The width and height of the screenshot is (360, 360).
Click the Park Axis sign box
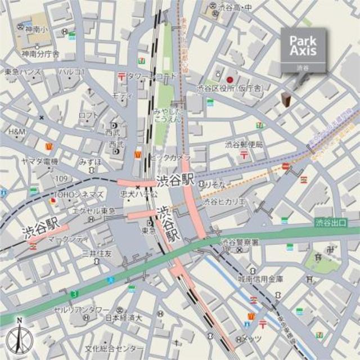coord(303,49)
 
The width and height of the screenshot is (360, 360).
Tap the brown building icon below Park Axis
coord(286,100)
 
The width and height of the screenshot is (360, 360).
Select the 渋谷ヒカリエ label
coord(224,201)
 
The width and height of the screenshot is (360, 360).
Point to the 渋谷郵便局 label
coord(244,145)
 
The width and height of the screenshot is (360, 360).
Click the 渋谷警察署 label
coord(240,242)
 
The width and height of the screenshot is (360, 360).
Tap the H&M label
coord(17,131)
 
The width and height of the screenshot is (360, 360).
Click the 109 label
coord(61,179)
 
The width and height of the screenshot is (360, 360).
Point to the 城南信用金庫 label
coord(260,278)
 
